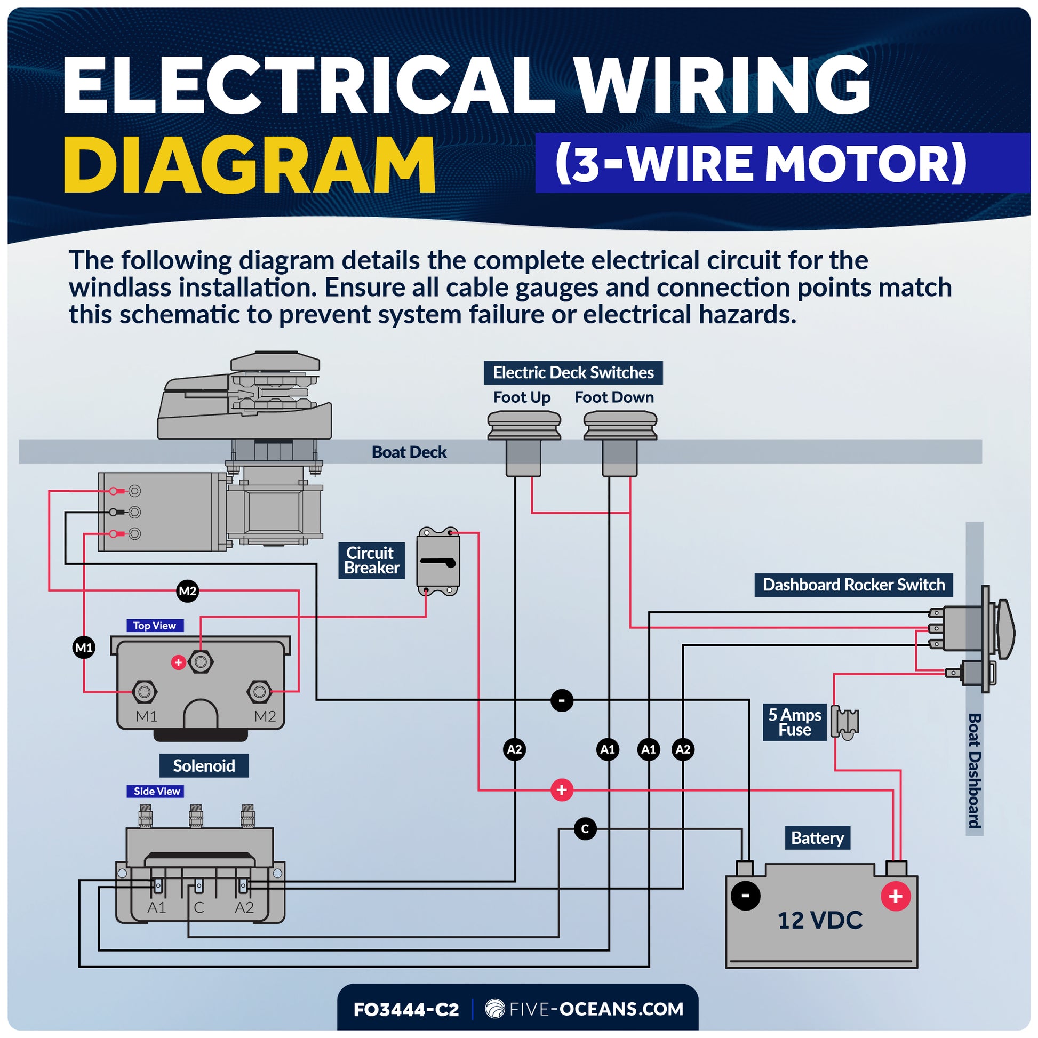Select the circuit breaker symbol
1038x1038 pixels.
point(438,562)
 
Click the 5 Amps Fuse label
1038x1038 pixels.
point(795,722)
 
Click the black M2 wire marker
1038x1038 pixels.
point(188,592)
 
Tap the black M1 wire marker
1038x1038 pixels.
point(84,648)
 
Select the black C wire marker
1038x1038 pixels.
point(585,829)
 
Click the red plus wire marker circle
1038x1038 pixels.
point(562,790)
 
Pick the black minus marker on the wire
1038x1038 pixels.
point(562,700)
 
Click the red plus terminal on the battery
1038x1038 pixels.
point(896,896)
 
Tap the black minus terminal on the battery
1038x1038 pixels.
point(746,896)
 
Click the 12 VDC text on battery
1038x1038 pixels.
point(820,920)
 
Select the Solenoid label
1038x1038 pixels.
point(204,765)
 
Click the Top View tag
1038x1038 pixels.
point(155,625)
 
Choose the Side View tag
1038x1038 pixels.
point(156,791)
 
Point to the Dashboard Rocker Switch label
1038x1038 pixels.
point(854,585)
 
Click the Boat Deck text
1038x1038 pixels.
point(409,452)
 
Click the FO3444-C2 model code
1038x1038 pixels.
point(406,1010)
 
